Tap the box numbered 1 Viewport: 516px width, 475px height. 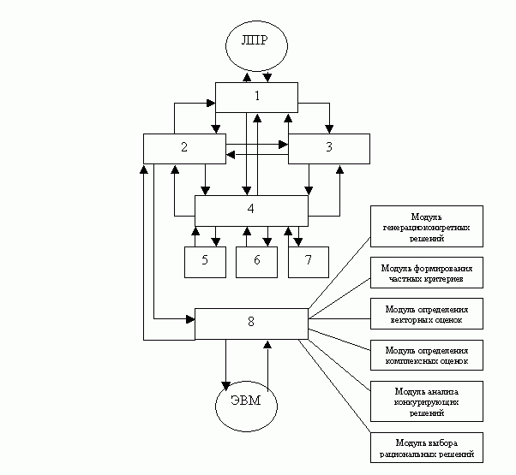click(x=256, y=97)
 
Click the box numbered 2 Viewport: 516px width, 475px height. click(x=184, y=148)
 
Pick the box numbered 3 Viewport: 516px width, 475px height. click(x=329, y=148)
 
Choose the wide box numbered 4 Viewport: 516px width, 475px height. click(x=251, y=210)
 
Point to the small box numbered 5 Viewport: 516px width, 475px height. click(x=205, y=261)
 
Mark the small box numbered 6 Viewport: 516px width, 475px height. click(x=257, y=261)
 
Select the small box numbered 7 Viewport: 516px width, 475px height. click(x=309, y=261)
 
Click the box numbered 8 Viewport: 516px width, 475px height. click(x=251, y=323)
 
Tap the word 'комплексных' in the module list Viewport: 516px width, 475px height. click(x=411, y=361)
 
